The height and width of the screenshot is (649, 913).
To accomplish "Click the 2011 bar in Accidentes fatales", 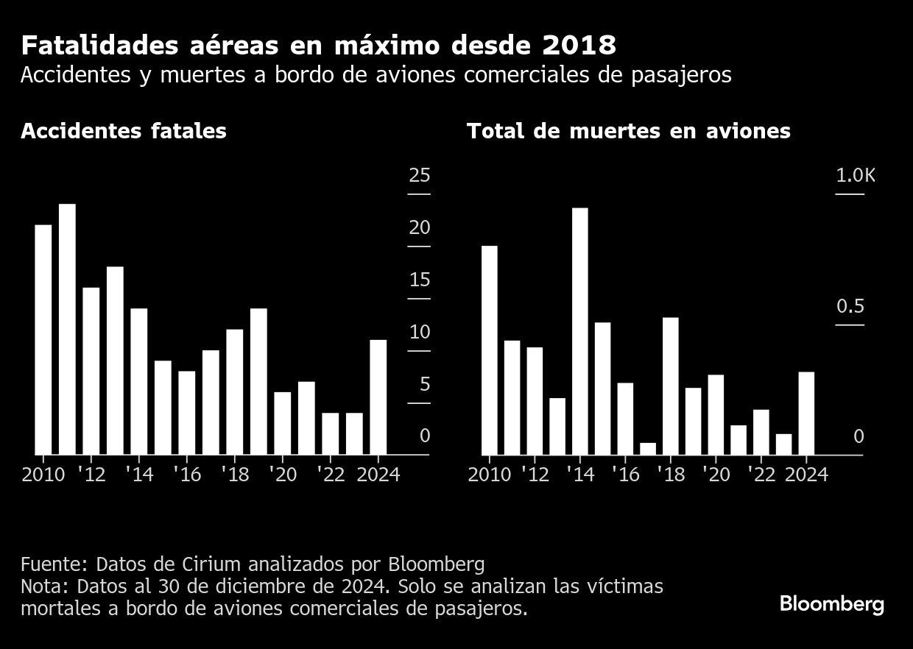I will [x=67, y=329].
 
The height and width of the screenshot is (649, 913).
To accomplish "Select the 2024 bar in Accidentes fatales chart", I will [x=378, y=397].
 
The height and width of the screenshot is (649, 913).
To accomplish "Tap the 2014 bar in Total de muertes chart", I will [x=579, y=331].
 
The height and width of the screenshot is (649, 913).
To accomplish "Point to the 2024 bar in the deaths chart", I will [x=806, y=413].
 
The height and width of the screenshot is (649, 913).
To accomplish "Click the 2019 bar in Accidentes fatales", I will [x=258, y=381].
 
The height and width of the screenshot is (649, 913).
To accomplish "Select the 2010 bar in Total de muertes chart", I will [x=490, y=350].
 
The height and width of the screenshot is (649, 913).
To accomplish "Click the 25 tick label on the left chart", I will [x=420, y=175].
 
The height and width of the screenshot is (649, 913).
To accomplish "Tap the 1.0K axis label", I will [x=856, y=175].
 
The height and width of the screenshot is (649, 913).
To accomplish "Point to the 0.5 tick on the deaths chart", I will [x=850, y=306].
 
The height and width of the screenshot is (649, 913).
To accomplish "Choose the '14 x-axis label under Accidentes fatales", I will [x=139, y=475].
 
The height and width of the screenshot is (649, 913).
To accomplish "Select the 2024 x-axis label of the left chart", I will [x=378, y=475].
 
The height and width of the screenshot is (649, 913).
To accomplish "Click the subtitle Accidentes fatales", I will [x=124, y=131].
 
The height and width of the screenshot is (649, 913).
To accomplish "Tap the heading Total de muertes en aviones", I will [x=628, y=131].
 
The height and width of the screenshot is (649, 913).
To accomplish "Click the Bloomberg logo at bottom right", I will [x=831, y=605].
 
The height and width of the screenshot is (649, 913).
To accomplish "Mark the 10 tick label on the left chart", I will [x=420, y=333].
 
